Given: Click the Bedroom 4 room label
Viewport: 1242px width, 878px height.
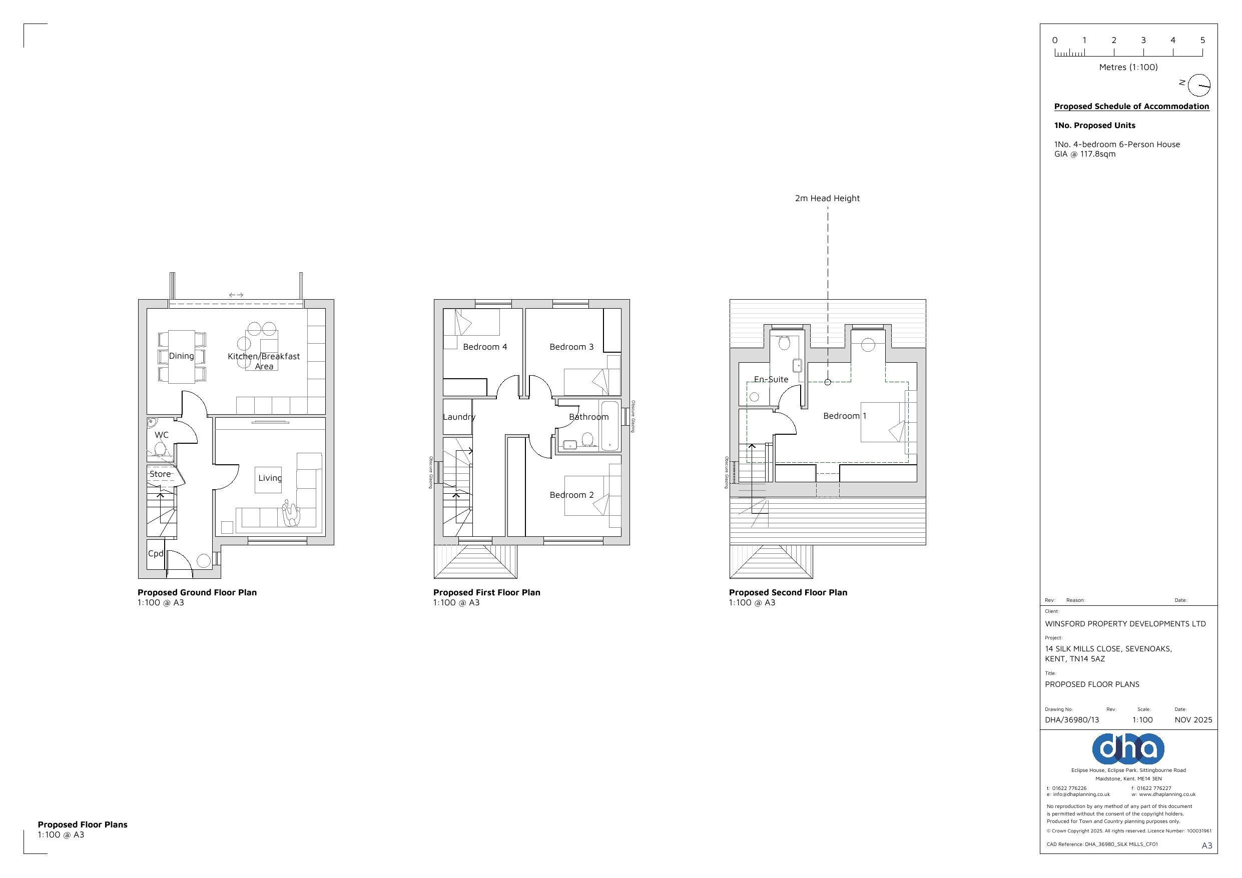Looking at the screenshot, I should click(x=485, y=347).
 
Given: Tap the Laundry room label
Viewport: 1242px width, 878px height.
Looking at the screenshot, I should click(x=459, y=417).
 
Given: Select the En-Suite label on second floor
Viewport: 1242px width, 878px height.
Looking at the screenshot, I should click(x=771, y=379).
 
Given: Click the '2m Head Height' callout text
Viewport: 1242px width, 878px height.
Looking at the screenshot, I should click(x=827, y=198).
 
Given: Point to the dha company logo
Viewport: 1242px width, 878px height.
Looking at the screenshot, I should click(x=1128, y=749).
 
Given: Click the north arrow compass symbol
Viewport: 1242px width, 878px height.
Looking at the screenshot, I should click(x=1199, y=86).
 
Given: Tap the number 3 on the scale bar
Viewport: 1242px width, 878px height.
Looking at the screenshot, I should click(x=1143, y=40).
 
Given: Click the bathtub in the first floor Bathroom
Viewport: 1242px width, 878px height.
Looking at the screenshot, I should click(x=609, y=425).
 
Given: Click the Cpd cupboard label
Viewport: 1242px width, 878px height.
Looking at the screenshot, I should click(x=155, y=553).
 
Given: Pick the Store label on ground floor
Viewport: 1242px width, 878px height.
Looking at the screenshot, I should click(x=160, y=474).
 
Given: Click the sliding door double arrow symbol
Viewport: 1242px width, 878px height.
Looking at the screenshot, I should click(x=236, y=295).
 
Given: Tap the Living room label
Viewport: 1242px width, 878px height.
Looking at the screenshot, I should click(x=269, y=478).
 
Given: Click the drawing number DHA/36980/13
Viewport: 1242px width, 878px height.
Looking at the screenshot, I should click(x=1071, y=719).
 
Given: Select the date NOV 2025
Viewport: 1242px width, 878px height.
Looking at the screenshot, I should click(x=1193, y=719).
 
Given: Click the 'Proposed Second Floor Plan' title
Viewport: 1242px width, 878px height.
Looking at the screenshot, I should click(x=788, y=592).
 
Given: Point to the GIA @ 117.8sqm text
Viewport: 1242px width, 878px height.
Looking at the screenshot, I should click(x=1084, y=154).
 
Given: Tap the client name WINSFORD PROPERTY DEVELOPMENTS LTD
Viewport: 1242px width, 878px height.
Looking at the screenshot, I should click(x=1125, y=624).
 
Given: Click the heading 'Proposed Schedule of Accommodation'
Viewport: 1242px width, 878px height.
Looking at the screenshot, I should click(x=1131, y=106).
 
